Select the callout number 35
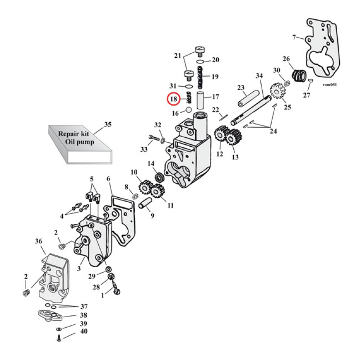107,124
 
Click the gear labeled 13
232,137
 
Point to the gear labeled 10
145,186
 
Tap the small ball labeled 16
188,110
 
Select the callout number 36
38,242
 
